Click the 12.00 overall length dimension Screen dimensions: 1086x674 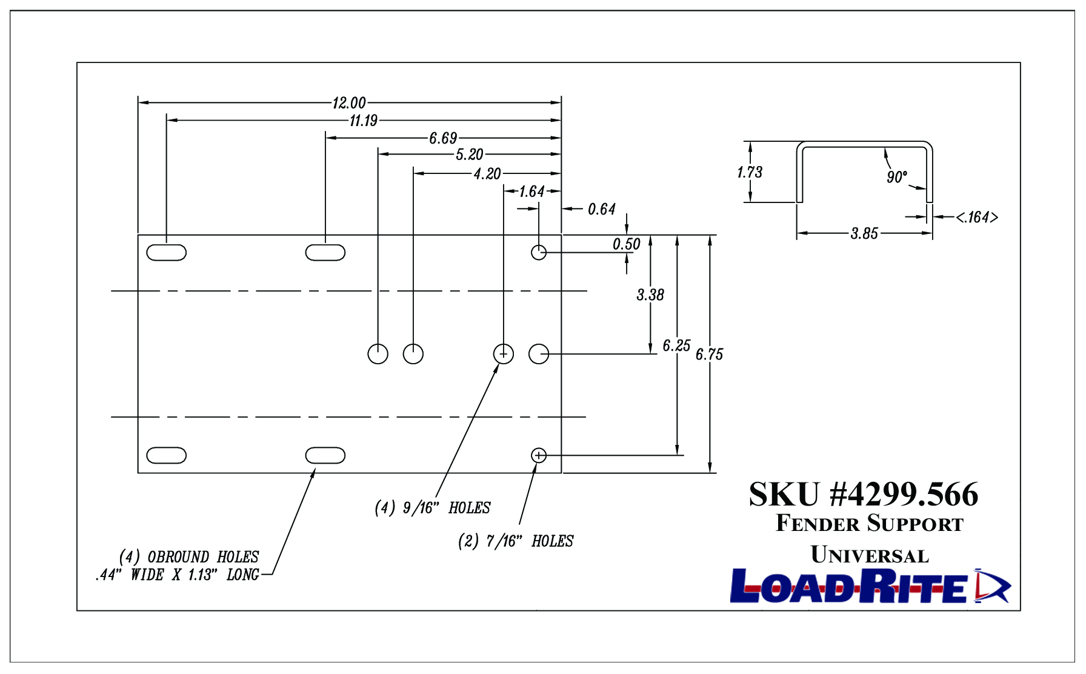349,103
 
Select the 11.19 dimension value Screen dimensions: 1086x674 364,121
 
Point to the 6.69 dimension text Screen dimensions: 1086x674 443,138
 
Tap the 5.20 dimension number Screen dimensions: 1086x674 470,155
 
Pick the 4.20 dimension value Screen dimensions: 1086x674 487,174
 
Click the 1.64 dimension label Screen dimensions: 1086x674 532,192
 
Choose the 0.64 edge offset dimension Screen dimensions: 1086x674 602,209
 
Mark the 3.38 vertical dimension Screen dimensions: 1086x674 650,295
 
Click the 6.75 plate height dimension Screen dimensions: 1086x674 710,354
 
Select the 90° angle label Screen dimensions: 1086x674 897,177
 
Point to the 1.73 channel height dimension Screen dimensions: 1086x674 750,172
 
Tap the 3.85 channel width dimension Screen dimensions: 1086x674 864,233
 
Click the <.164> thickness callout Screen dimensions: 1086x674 977,217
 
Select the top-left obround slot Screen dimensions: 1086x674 167,252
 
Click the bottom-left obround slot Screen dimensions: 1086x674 167,455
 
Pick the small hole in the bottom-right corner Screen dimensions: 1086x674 539,455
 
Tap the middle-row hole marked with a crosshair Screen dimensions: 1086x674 504,353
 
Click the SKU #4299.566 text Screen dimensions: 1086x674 864,494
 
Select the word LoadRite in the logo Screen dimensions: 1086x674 848,586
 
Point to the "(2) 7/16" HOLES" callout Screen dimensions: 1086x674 516,541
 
